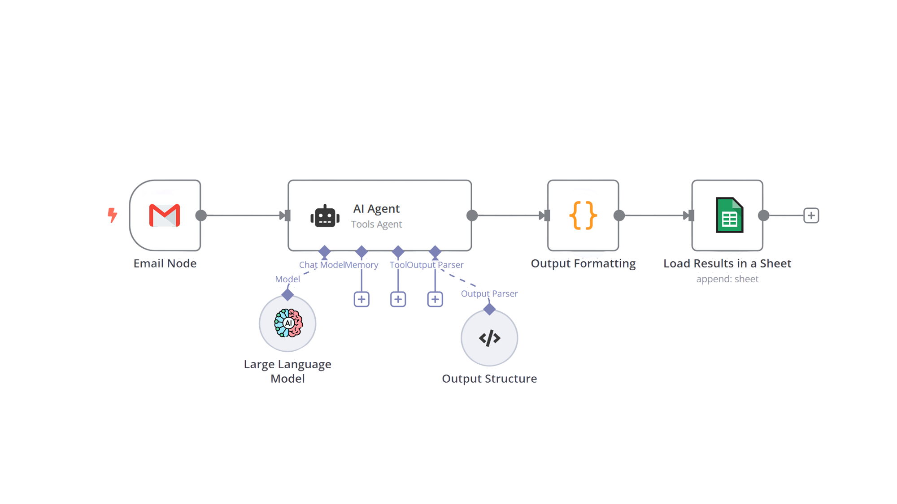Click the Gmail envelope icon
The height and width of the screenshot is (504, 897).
pyautogui.click(x=165, y=215)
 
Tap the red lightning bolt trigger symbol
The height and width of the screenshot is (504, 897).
pyautogui.click(x=112, y=215)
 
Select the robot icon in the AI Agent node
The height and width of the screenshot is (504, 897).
pyautogui.click(x=325, y=216)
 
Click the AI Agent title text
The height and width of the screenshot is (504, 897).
pyautogui.click(x=376, y=209)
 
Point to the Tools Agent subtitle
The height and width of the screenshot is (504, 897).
pyautogui.click(x=376, y=224)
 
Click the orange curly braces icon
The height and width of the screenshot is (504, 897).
pyautogui.click(x=583, y=215)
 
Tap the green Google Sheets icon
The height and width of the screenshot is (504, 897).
pyautogui.click(x=729, y=215)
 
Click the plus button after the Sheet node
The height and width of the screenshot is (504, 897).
pyautogui.click(x=811, y=215)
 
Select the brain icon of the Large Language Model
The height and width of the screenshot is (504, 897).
pyautogui.click(x=288, y=323)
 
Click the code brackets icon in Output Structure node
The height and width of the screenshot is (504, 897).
pyautogui.click(x=489, y=338)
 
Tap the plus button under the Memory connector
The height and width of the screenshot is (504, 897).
pyautogui.click(x=361, y=299)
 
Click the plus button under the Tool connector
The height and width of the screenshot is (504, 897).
pyautogui.click(x=398, y=299)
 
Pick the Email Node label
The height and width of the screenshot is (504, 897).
pyautogui.click(x=165, y=263)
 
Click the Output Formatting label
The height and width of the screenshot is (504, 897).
pyautogui.click(x=583, y=263)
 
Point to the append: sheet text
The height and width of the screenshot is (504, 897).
pyautogui.click(x=727, y=279)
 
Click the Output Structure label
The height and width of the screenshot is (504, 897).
pyautogui.click(x=489, y=379)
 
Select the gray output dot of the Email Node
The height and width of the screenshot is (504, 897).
pyautogui.click(x=201, y=215)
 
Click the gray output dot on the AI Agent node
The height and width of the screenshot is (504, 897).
pyautogui.click(x=472, y=215)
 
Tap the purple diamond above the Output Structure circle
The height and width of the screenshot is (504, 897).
pyautogui.click(x=489, y=309)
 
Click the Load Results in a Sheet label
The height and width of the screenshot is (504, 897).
pyautogui.click(x=727, y=263)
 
